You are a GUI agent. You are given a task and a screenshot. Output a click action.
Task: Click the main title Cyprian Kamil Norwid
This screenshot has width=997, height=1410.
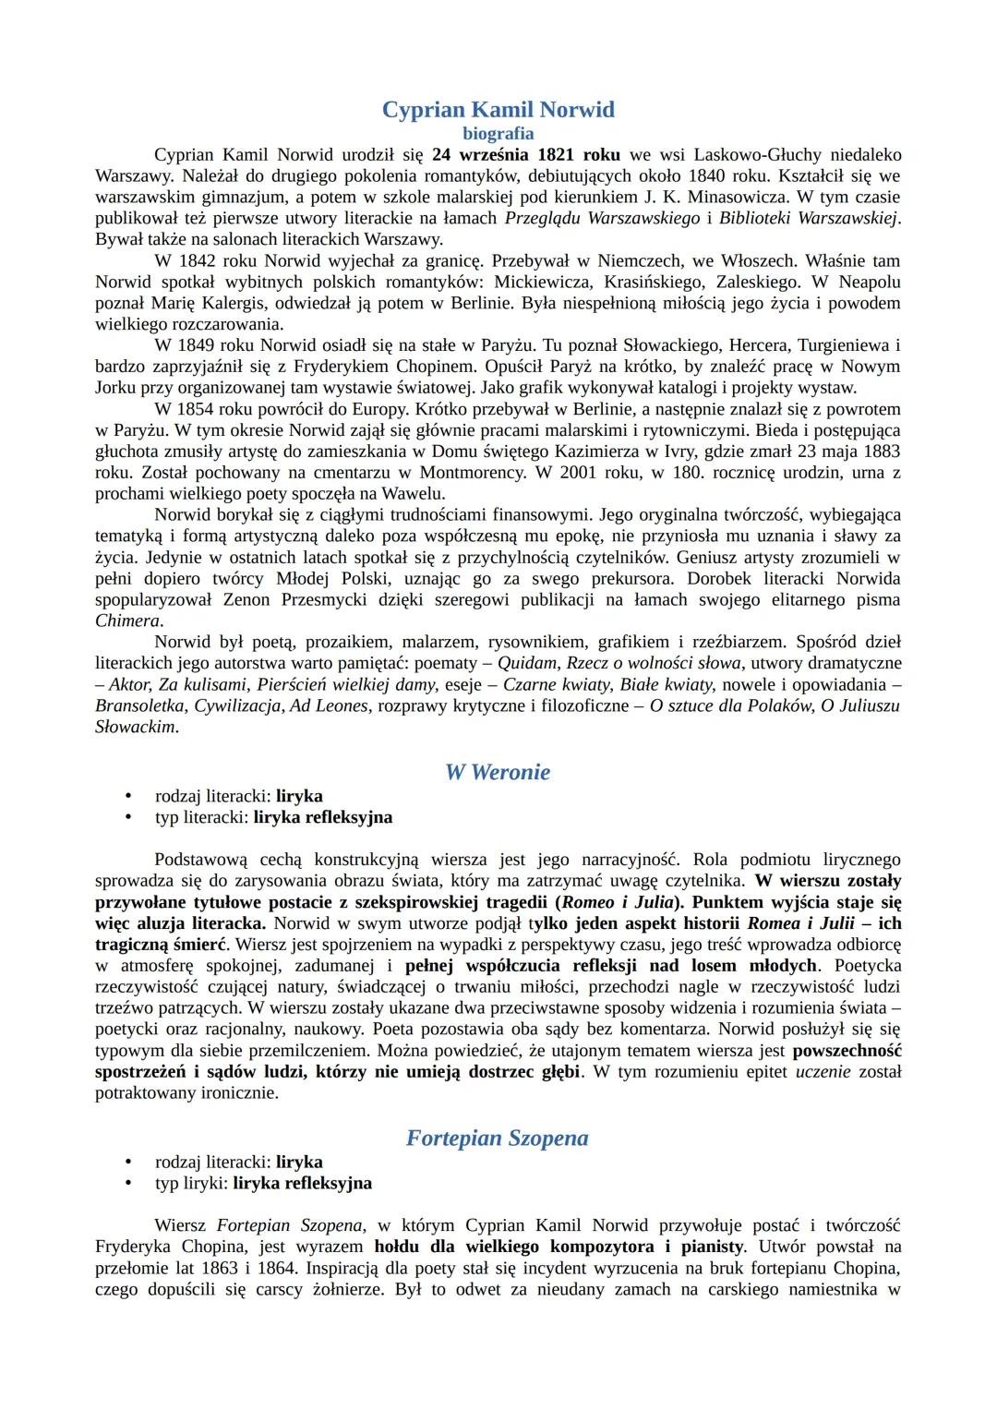(x=498, y=110)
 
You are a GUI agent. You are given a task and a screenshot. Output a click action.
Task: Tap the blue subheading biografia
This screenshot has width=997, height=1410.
(x=498, y=134)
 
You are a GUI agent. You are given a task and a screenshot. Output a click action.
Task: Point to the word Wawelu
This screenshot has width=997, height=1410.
(x=407, y=493)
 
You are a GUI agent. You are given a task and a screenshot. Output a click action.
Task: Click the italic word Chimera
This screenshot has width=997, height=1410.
(x=127, y=621)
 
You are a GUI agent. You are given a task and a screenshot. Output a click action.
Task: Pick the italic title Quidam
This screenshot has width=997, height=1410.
(x=527, y=663)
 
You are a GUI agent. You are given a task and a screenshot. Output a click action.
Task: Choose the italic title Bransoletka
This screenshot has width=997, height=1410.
(x=141, y=705)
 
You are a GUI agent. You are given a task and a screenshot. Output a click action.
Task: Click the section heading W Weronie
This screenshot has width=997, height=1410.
(x=498, y=773)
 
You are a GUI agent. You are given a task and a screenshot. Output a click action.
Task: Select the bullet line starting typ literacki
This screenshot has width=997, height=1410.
(x=273, y=817)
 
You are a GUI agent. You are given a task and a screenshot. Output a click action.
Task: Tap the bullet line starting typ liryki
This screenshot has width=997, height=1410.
(x=263, y=1183)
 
